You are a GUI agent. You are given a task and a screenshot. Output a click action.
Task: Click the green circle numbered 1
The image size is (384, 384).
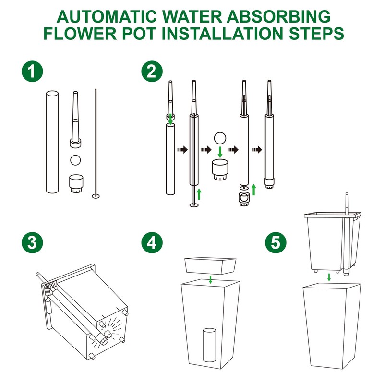[32, 72]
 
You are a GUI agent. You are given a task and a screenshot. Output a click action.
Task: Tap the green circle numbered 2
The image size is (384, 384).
[152, 72]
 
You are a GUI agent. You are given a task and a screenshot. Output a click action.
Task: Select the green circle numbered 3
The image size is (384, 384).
[32, 243]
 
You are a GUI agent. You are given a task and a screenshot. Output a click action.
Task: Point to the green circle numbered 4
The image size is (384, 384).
[152, 243]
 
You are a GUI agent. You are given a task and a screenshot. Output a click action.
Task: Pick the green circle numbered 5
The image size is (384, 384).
[276, 243]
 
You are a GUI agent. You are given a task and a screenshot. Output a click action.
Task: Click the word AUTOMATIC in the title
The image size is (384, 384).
[107, 17]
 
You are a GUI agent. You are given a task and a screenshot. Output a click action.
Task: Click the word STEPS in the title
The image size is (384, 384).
[316, 33]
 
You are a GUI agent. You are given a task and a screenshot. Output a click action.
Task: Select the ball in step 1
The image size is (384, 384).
[75, 160]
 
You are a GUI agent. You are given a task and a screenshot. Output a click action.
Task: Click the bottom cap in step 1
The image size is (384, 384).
[76, 183]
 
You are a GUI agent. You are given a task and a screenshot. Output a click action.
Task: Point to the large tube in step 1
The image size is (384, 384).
[52, 142]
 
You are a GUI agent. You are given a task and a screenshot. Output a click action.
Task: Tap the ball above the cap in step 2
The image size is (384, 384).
[220, 138]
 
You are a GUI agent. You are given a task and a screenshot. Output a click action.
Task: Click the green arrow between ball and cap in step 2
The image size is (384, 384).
[220, 152]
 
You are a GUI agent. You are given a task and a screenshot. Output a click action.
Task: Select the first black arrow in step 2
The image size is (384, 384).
[182, 149]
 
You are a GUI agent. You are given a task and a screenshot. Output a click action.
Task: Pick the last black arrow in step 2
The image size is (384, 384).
[257, 149]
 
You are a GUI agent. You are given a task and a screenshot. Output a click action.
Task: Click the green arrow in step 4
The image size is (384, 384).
[210, 279]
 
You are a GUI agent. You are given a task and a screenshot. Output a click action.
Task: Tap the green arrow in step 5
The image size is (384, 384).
[329, 277]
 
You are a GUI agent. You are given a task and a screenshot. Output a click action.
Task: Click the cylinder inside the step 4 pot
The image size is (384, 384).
[209, 345]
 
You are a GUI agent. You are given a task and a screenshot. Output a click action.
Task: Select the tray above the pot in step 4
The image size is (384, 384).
[210, 266]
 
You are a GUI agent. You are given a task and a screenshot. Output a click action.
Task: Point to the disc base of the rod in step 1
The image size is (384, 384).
[96, 196]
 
